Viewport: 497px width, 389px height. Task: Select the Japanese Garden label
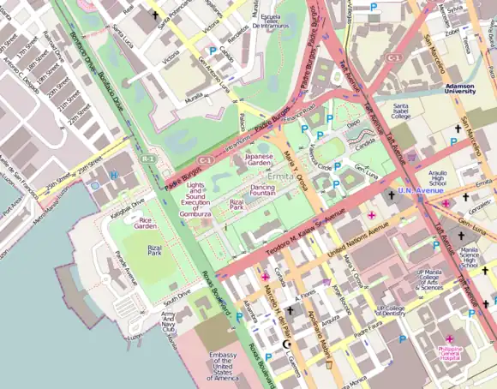pyautogui.click(x=263, y=161)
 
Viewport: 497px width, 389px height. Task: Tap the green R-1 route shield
pyautogui.click(x=148, y=159)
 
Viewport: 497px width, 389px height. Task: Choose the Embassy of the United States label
pyautogui.click(x=223, y=367)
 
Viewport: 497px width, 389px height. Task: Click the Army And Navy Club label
pyautogui.click(x=174, y=321)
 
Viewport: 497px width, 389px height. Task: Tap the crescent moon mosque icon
pyautogui.click(x=287, y=344)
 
